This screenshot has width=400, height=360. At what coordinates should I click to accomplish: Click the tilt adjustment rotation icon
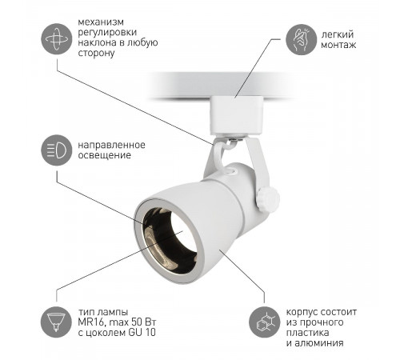(57, 39)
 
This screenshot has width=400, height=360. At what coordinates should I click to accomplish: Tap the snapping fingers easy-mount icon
(302, 40)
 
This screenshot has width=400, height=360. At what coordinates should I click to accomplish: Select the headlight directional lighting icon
(57, 150)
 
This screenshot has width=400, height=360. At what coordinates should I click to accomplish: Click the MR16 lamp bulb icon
(56, 322)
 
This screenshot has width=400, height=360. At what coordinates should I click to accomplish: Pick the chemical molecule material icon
(265, 322)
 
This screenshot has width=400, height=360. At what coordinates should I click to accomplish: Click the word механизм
(101, 22)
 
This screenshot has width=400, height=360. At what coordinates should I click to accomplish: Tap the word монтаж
(338, 45)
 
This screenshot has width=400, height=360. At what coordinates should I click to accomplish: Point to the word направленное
(112, 145)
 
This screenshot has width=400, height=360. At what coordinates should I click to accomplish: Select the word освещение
(105, 155)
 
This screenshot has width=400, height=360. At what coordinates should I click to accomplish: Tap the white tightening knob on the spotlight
(268, 199)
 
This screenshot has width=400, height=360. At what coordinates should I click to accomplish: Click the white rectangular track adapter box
(237, 115)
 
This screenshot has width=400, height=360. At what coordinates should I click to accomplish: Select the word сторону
(96, 53)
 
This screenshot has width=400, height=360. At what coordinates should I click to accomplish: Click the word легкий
(338, 34)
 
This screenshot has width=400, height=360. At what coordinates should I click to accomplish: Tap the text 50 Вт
(143, 322)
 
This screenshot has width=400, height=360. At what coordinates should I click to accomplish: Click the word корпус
(302, 312)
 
